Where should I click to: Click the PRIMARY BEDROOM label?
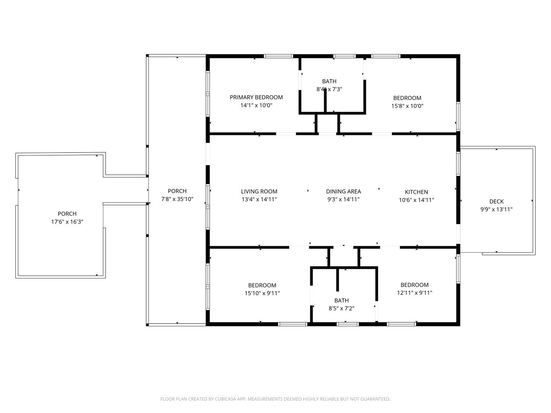click(256, 97)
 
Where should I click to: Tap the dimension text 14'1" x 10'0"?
click(256, 105)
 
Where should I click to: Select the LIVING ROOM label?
click(259, 192)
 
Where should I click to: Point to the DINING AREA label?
click(343, 192)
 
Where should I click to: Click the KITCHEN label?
click(416, 192)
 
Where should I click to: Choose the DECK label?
click(496, 202)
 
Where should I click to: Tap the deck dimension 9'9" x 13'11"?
click(496, 210)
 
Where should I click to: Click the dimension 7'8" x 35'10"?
click(177, 199)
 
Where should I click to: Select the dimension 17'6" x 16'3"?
click(67, 222)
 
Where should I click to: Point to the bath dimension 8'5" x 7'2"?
click(341, 308)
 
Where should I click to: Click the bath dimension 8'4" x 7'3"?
click(329, 89)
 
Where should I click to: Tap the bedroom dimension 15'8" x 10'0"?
click(407, 106)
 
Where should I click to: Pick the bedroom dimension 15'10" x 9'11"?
click(262, 293)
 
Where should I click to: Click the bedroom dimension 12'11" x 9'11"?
click(414, 293)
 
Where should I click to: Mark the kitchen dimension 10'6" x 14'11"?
click(416, 200)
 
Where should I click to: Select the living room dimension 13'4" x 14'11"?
click(259, 199)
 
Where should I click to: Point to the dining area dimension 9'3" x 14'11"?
click(343, 199)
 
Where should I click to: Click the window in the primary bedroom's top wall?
click(278, 56)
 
